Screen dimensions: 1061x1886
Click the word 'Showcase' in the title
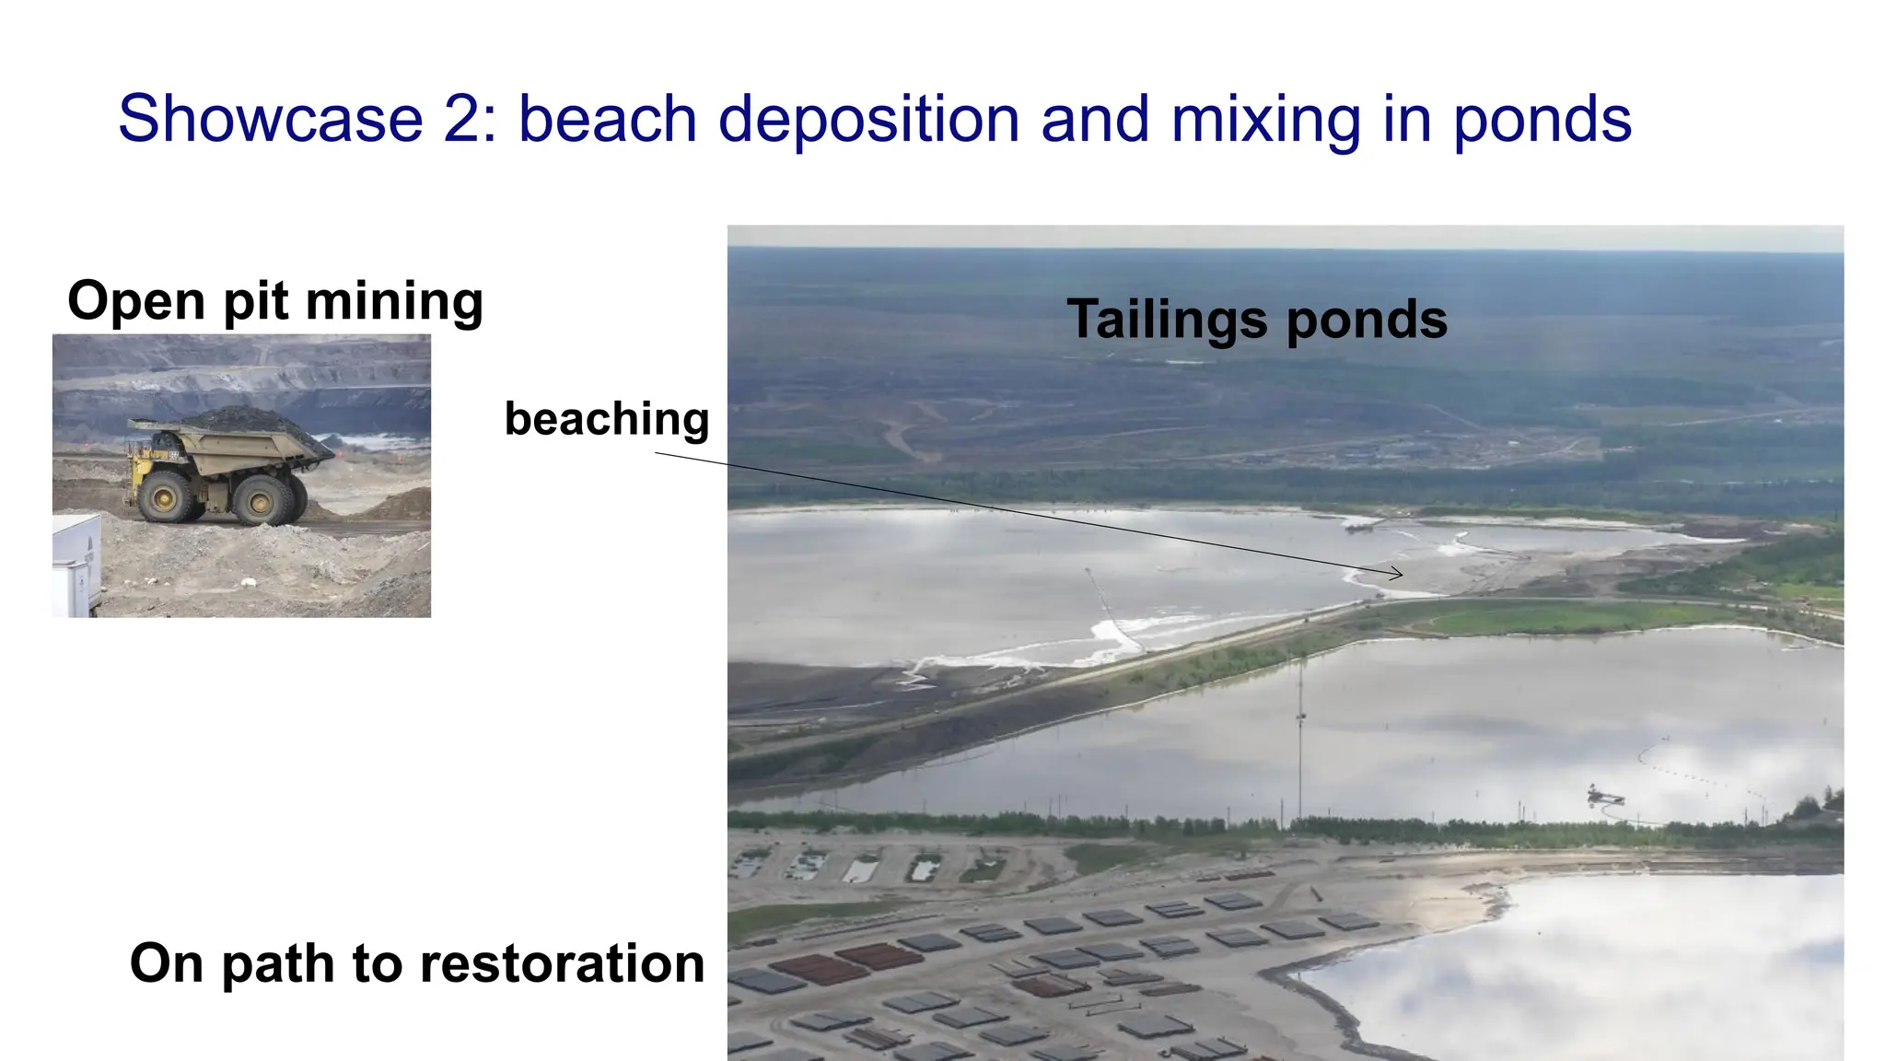[270, 119]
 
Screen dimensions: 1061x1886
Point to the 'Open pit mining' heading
[275, 301]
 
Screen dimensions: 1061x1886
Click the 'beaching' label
[607, 420]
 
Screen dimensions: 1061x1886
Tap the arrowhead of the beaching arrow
[1398, 574]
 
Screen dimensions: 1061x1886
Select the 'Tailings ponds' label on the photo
[1257, 320]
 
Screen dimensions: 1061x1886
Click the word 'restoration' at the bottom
[562, 963]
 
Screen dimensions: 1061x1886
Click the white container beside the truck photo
[76, 564]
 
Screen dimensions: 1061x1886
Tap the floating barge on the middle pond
[1604, 795]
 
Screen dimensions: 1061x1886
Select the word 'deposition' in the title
[868, 121]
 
